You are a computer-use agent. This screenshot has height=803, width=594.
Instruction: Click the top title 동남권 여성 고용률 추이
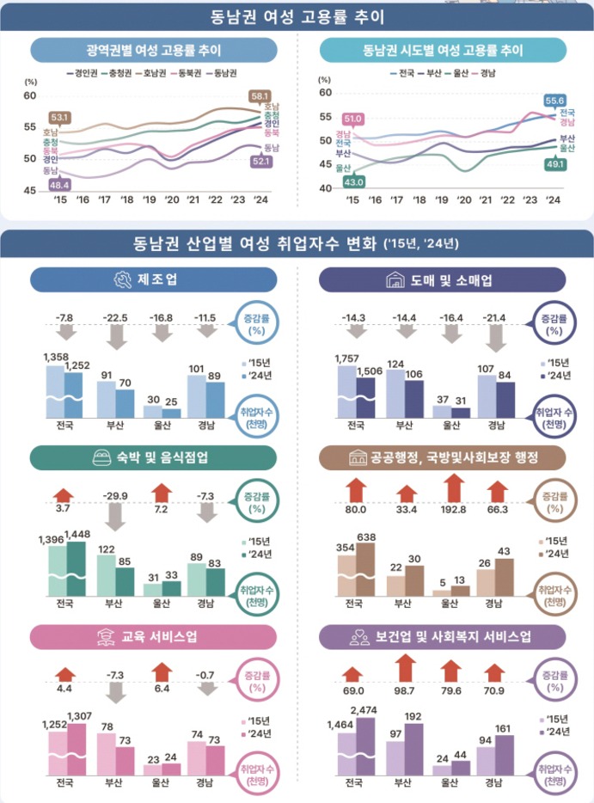pyautogui.click(x=297, y=17)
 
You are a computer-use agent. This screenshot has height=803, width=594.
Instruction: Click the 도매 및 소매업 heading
pyautogui.click(x=442, y=279)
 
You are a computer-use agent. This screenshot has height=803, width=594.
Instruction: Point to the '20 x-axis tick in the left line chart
pyautogui.click(x=172, y=199)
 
